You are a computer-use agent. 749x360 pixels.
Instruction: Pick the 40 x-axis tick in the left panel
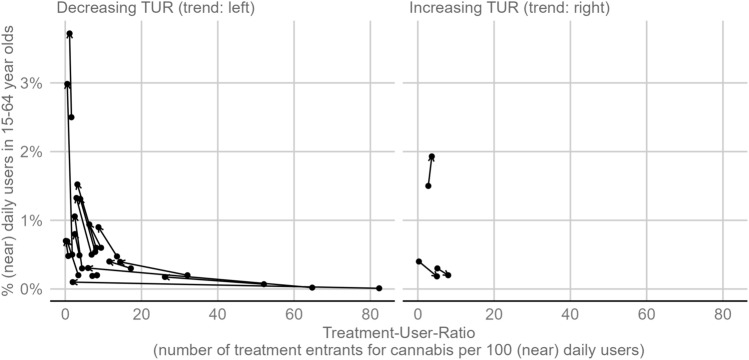click(217, 311)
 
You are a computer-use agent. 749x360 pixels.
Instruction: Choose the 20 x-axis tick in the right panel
click(494, 311)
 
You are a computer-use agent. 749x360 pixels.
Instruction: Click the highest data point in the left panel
click(69, 34)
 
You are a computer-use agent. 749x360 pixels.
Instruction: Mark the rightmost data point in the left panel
click(378, 288)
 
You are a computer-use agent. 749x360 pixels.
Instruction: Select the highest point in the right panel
click(432, 157)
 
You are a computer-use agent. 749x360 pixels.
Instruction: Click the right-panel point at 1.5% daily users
click(428, 186)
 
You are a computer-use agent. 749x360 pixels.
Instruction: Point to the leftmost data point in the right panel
click(419, 261)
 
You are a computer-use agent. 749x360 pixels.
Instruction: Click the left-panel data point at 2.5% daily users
click(71, 117)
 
